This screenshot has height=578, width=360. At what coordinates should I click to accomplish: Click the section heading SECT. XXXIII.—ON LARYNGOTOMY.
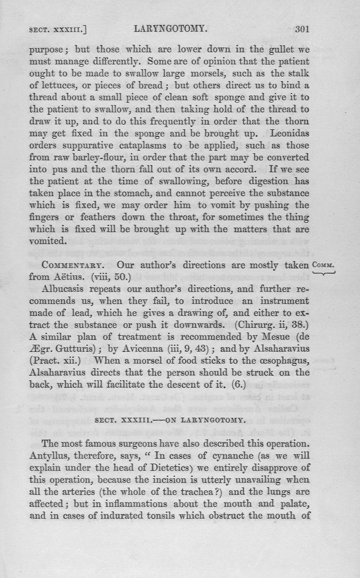170,421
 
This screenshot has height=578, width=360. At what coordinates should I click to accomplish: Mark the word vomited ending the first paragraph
48,241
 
